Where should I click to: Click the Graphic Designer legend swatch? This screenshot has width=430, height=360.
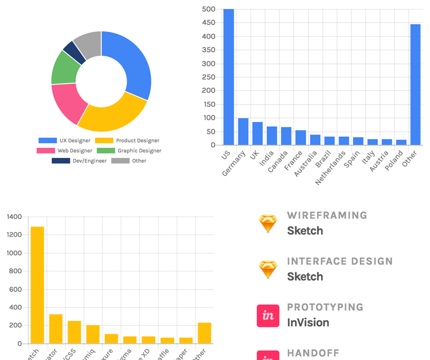point(106,150)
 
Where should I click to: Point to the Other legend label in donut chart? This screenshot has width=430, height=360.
point(139,160)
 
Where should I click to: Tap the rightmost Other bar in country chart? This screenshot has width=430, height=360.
point(416,84)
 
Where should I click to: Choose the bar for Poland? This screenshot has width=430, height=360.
point(401,142)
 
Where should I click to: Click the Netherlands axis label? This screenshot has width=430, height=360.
point(331,167)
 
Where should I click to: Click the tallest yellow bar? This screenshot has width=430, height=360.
point(37,285)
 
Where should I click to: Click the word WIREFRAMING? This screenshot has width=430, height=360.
point(327,215)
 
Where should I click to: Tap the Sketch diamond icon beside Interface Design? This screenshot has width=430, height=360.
point(268,270)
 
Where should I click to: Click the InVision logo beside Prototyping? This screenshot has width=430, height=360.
point(268,316)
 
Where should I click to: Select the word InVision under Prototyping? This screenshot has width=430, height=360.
point(308,323)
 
